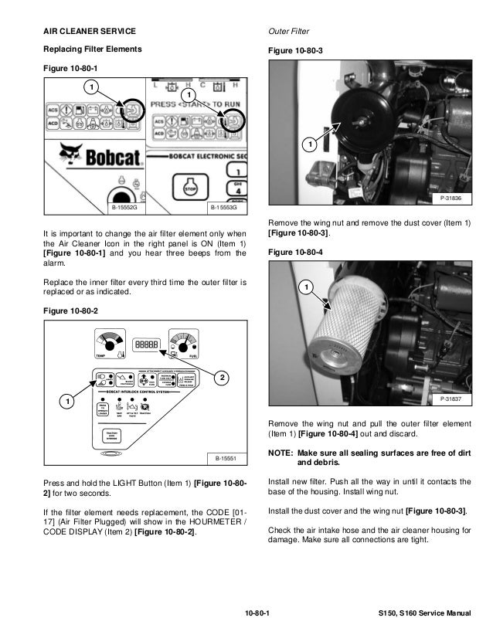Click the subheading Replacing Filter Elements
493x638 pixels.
click(92, 49)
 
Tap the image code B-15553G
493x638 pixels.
click(223, 208)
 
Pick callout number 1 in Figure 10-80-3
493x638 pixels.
click(309, 144)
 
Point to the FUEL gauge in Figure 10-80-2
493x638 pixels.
click(185, 344)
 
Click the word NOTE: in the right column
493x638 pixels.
click(280, 453)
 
